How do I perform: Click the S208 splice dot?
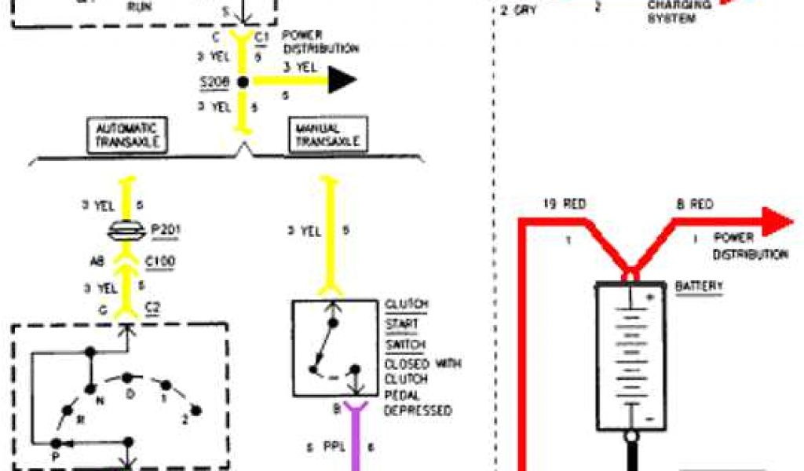tap(243, 81)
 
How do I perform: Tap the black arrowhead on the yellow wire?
tap(342, 80)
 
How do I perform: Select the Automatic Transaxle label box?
tap(126, 134)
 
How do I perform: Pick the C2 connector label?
tap(152, 310)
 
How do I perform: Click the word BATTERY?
tap(698, 287)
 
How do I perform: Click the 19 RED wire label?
tap(564, 206)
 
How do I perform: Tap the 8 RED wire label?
tap(694, 205)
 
